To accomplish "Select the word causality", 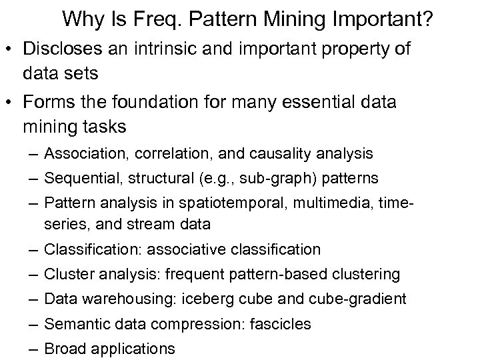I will point(285,154).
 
